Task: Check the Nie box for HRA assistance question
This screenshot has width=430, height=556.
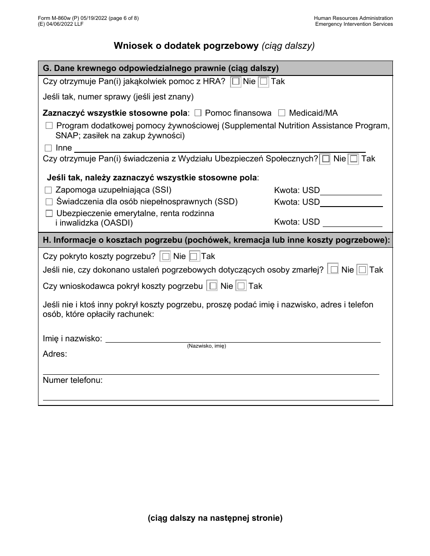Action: tap(236, 82)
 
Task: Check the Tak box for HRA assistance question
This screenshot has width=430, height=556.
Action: tap(263, 82)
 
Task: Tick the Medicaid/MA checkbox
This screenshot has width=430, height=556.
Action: tap(282, 113)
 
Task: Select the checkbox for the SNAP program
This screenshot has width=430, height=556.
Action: tap(49, 126)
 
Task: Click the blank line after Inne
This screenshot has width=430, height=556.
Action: tap(220, 148)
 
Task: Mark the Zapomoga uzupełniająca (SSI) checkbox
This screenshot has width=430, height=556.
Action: tap(48, 190)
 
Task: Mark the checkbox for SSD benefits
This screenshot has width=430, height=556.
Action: tap(49, 202)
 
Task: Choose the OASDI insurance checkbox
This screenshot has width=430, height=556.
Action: tap(49, 213)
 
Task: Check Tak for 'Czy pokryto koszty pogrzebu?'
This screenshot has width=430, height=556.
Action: tap(194, 257)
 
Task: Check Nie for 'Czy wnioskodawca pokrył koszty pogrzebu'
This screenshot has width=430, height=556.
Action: tap(212, 286)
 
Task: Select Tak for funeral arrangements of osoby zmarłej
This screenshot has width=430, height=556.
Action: tap(362, 270)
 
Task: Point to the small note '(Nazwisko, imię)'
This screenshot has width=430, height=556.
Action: tap(206, 346)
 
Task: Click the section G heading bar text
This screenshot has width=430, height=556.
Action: tap(160, 68)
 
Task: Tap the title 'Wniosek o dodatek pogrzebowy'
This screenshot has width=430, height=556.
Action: tap(186, 45)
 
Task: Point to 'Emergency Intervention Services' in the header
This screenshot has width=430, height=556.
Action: tap(354, 24)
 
